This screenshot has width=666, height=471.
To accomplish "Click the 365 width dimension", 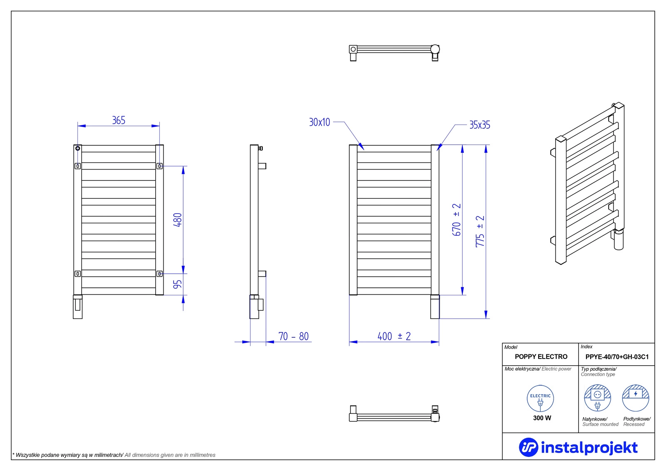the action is tap(119, 120).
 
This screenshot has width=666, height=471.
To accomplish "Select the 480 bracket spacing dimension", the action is tap(177, 220).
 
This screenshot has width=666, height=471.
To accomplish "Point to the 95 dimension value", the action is tap(177, 284).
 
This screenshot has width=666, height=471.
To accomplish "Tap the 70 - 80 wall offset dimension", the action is tap(293, 336).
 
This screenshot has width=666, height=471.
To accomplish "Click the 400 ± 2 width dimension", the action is tap(394, 336).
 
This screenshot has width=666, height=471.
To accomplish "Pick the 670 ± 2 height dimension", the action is tap(456, 220).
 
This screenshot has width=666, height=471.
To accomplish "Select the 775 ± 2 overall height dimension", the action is tap(480, 232).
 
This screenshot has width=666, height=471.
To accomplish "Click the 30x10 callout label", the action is tap(320, 122).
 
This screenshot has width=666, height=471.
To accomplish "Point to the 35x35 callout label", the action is tap(480, 125).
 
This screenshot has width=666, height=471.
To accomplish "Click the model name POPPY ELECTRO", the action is tap(541, 356).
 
